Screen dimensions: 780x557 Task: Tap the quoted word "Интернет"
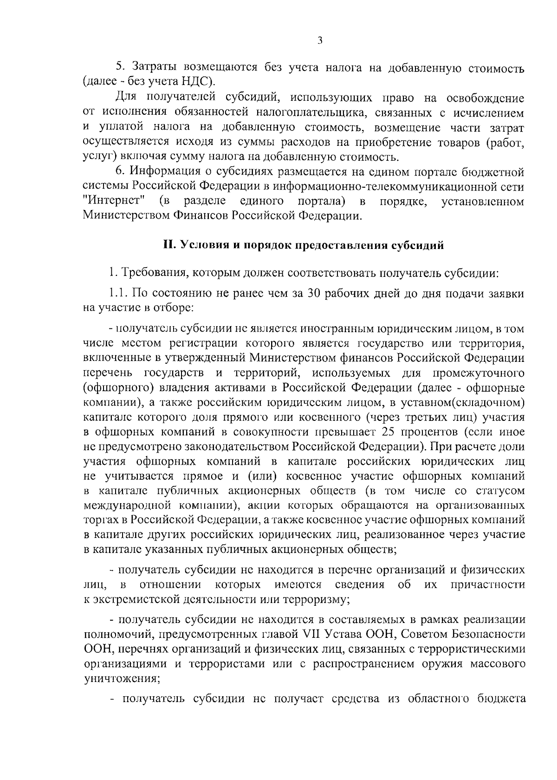(x=116, y=202)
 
